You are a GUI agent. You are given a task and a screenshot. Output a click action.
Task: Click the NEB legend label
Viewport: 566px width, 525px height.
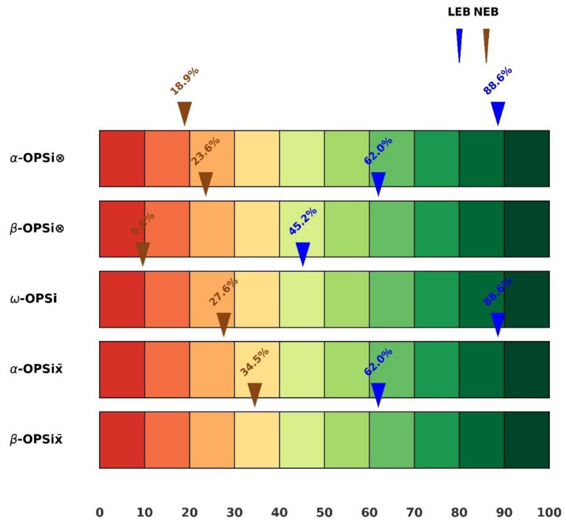[486, 12]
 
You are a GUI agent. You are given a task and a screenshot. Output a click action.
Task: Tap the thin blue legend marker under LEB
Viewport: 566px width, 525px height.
[459, 43]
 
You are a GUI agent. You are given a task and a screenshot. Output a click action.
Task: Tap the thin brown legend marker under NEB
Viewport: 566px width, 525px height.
[486, 43]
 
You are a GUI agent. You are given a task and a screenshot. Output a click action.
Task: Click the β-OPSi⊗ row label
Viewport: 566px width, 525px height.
[37, 228]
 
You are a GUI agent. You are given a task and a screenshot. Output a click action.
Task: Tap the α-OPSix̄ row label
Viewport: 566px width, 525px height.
[36, 369]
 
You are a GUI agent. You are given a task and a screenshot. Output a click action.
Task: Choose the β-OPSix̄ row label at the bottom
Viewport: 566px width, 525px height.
[36, 439]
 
